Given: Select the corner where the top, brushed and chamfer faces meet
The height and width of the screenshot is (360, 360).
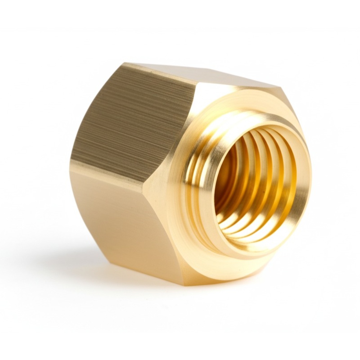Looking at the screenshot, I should click(197, 85).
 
